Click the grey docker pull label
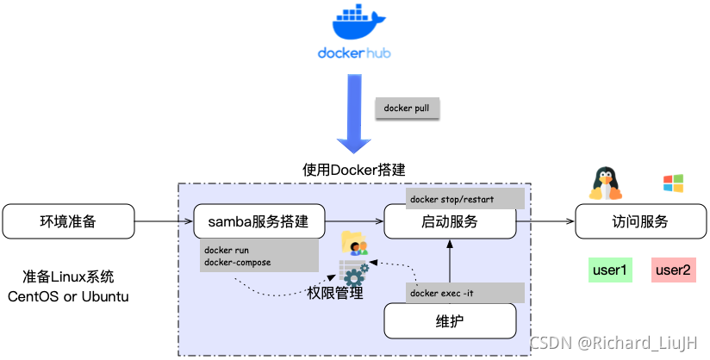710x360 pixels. pyautogui.click(x=407, y=109)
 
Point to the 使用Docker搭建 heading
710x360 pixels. pyautogui.click(x=353, y=170)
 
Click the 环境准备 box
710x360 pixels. pyautogui.click(x=69, y=221)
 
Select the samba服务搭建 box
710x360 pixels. pyautogui.click(x=259, y=221)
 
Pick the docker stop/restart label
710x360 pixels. pyautogui.click(x=464, y=197)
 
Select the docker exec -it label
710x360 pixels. pyautogui.click(x=464, y=293)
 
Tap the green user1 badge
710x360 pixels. pyautogui.click(x=608, y=270)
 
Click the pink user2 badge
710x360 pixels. pyautogui.click(x=672, y=270)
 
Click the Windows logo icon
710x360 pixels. pyautogui.click(x=672, y=183)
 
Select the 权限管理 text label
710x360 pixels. pyautogui.click(x=335, y=294)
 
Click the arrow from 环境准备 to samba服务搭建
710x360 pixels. pyautogui.click(x=164, y=221)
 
